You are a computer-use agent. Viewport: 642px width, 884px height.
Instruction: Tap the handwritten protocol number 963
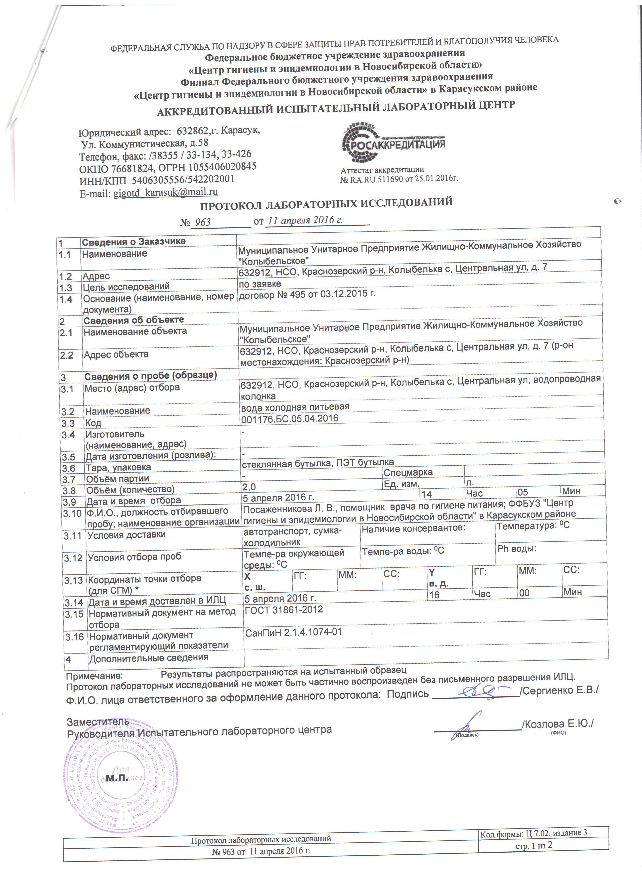click(202, 222)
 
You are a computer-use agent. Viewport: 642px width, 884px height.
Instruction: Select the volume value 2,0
click(249, 486)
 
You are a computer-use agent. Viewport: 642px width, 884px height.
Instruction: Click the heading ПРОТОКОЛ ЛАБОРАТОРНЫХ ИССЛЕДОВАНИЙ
click(326, 203)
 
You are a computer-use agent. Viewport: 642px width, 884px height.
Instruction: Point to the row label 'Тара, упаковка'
click(118, 467)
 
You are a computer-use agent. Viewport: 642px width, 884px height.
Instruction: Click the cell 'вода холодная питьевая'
click(295, 407)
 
